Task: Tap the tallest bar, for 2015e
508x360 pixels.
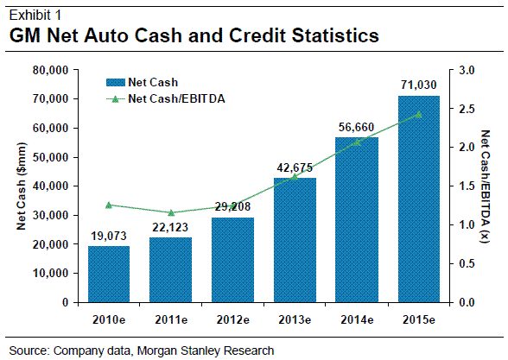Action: point(417,199)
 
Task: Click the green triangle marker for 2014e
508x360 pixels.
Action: point(358,142)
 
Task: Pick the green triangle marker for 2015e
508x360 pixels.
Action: point(418,114)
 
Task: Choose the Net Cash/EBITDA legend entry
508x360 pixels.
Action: point(172,98)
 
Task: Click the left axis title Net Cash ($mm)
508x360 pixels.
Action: point(22,186)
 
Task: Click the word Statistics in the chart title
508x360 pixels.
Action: point(323,36)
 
